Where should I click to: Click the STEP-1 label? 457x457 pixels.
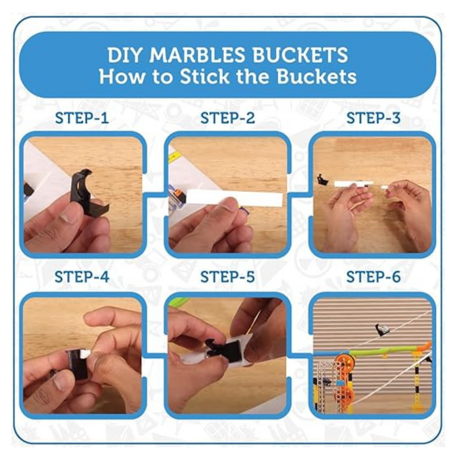(82, 118)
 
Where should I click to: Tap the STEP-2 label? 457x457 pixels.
(228, 118)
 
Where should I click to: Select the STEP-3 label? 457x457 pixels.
(374, 118)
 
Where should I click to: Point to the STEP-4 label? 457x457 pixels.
(82, 276)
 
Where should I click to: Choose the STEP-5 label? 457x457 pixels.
(228, 276)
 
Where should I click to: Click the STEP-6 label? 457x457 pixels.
(374, 276)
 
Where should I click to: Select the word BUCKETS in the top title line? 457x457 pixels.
(300, 54)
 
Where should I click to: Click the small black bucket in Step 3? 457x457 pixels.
(322, 179)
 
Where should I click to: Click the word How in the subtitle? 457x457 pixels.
(122, 76)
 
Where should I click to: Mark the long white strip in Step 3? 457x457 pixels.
(353, 184)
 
